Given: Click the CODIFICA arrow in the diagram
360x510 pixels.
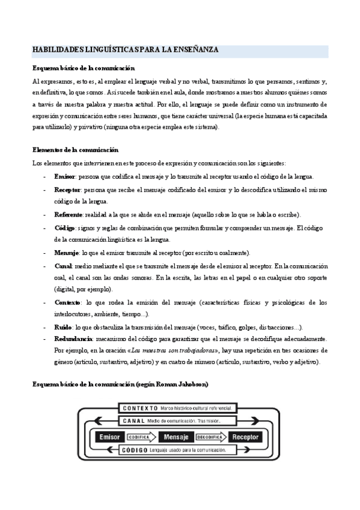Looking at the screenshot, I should tap(142, 437).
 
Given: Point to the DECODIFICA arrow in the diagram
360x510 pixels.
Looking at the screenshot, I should tap(210, 437).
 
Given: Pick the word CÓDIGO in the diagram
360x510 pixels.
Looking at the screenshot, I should tap(133, 450).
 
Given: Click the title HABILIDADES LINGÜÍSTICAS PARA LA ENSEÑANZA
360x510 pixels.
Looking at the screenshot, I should tap(126, 51).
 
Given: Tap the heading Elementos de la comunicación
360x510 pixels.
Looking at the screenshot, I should tap(75, 150).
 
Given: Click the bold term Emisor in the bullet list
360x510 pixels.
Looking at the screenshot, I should tap(64, 176).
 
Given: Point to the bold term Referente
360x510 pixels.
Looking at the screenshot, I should tap(68, 215).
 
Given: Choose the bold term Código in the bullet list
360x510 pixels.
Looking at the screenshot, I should tap(64, 228).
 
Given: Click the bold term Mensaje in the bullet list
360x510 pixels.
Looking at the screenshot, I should tap(66, 253).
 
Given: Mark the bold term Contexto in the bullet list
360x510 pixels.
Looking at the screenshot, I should tap(67, 302).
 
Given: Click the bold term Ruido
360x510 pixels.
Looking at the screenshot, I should tap(63, 327).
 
